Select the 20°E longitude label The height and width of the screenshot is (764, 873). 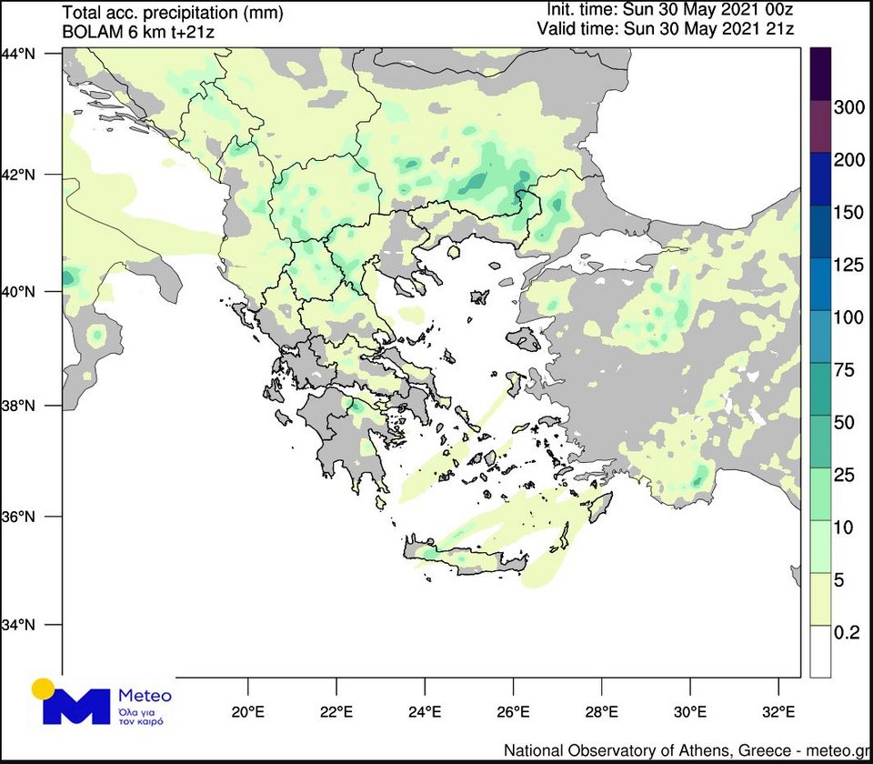(x=247, y=710)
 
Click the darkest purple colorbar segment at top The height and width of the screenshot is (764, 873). (x=819, y=73)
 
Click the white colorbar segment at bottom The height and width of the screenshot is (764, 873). (x=819, y=651)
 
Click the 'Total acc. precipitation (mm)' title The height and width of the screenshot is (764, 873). (x=173, y=13)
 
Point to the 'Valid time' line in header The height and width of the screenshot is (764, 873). (x=670, y=28)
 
